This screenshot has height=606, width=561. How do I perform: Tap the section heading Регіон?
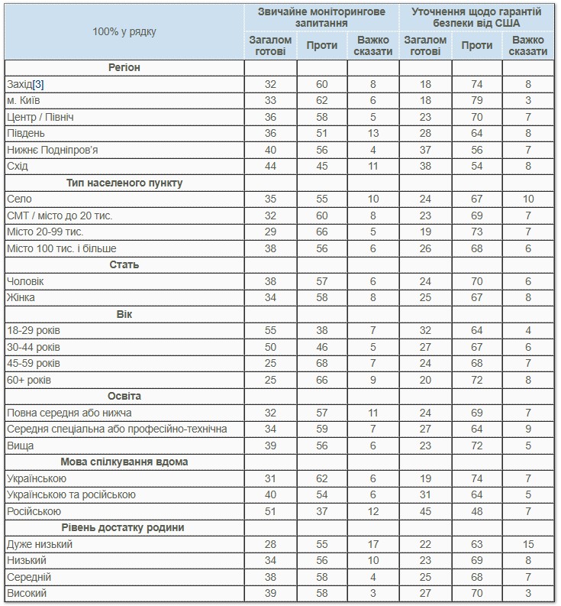coord(124,67)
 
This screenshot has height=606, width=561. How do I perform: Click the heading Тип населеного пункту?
coord(124,183)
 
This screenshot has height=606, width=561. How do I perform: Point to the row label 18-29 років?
coord(33,331)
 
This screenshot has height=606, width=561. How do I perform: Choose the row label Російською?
coord(33,511)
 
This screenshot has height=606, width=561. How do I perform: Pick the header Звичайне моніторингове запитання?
coord(321,18)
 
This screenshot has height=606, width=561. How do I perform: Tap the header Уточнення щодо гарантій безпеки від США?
coord(476,18)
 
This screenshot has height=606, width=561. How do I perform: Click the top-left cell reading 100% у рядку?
coord(124,31)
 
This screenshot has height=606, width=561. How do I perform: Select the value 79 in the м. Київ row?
coord(476,100)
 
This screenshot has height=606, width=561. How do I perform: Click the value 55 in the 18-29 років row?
coord(270,331)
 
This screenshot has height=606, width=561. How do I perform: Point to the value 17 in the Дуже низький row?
coord(372,544)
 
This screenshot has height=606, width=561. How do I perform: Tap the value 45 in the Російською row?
coord(425,511)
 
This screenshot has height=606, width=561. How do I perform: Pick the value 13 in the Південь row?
coord(372,133)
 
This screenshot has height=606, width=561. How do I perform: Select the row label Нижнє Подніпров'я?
coord(52,150)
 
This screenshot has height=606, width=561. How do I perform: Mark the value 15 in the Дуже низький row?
coord(528,544)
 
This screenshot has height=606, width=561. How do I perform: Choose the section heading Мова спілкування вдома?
coord(124,462)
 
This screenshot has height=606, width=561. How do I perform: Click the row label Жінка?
coord(21,297)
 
